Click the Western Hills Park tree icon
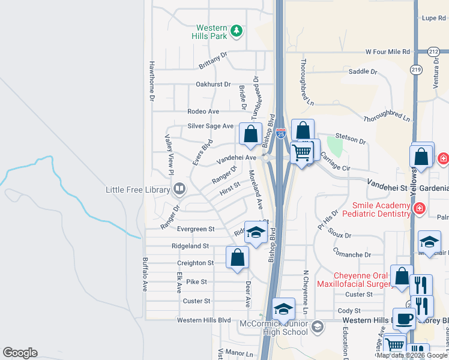[237, 31]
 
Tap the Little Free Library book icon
[179, 190]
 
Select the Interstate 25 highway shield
[280, 134]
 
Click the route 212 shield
[433, 52]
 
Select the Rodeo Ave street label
[203, 112]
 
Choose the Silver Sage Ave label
[210, 126]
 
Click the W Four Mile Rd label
[388, 52]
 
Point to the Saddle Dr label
[363, 71]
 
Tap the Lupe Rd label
[434, 19]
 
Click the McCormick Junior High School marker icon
[318, 327]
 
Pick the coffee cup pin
[403, 317]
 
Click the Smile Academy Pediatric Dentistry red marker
[419, 209]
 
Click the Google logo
[20, 353]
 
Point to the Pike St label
[196, 281]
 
